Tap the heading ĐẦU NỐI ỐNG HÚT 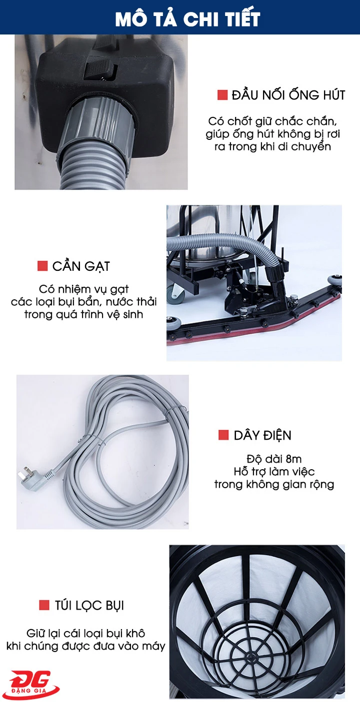pos(288,95)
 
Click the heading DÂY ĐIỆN pos(262,435)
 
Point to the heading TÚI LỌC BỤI pos(88,606)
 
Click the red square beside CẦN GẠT pos(42,266)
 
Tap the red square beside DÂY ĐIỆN pos(223,435)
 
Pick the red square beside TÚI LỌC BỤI pos(44,606)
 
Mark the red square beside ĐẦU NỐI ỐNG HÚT pos(222,95)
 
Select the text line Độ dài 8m pos(274,459)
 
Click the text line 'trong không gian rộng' pos(274,484)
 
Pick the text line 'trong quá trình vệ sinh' pos(83,314)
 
